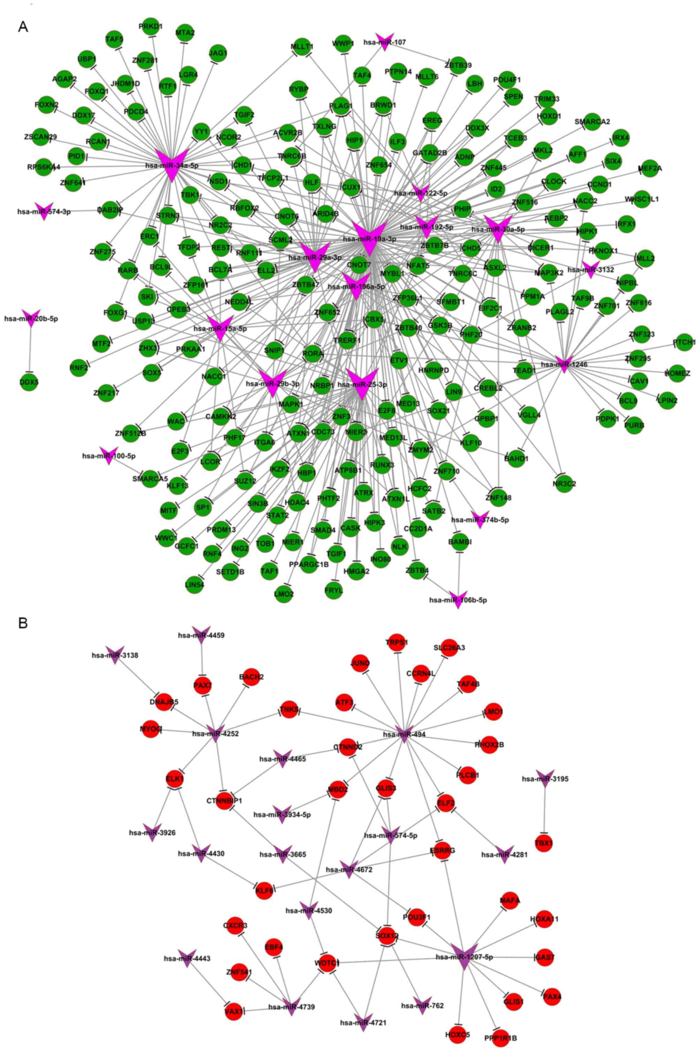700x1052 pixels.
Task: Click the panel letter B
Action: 23,623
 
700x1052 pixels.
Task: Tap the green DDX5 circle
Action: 30,382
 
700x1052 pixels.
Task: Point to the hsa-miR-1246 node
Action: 564,364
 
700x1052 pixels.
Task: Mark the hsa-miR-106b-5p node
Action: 458,599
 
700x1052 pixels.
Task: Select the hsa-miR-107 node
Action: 383,42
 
